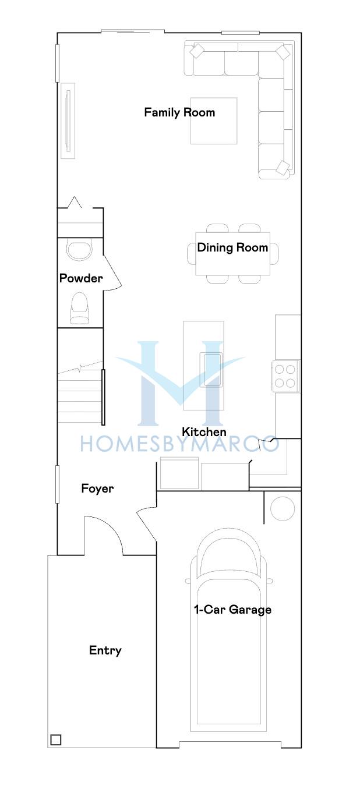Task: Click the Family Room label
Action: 179,112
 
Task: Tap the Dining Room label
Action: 232,247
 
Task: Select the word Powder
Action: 81,278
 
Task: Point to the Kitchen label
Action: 204,432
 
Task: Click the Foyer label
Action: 97,488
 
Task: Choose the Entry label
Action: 105,650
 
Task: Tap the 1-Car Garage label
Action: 232,610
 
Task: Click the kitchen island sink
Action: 211,369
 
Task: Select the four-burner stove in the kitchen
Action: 285,376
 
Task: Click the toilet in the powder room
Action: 80,308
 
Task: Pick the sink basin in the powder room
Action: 79,250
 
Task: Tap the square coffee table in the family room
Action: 214,121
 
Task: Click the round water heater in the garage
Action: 283,508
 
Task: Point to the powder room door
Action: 112,272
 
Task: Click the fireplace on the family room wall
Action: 68,121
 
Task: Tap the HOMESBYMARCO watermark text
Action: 179,444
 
